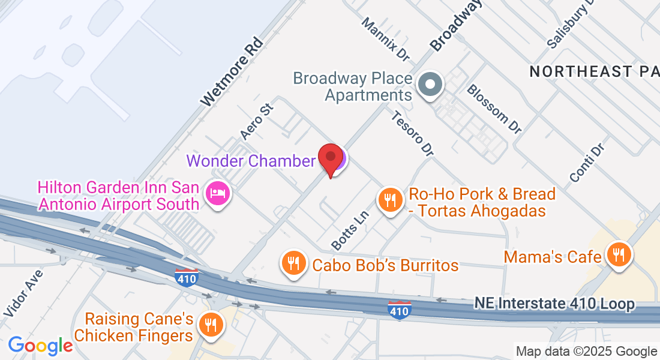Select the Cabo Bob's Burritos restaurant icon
(293, 263)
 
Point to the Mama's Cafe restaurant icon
(617, 254)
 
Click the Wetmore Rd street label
(232, 72)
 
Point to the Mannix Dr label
(385, 39)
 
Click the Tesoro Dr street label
(412, 132)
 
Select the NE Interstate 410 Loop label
(554, 304)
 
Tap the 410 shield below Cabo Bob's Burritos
(399, 310)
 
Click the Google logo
(40, 345)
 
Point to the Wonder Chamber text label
(250, 161)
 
